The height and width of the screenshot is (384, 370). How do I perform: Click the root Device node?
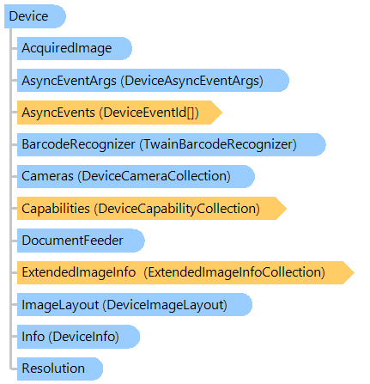(x=35, y=16)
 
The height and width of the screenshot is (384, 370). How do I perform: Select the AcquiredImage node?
(x=75, y=48)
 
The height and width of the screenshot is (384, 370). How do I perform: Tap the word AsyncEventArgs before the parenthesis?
(x=69, y=81)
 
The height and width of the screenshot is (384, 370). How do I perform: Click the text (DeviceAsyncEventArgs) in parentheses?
(x=191, y=81)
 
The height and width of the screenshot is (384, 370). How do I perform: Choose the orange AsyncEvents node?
(x=119, y=113)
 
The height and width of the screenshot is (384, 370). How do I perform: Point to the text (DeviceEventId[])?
(x=149, y=113)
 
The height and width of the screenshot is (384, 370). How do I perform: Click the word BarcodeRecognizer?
(x=78, y=144)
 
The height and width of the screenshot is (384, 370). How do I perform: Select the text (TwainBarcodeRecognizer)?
(x=218, y=144)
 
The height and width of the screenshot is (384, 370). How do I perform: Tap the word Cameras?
(x=47, y=176)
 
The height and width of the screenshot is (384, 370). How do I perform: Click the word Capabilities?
(x=56, y=209)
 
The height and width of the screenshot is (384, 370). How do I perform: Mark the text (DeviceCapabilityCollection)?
(x=177, y=209)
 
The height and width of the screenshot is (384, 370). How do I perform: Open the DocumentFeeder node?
(x=81, y=241)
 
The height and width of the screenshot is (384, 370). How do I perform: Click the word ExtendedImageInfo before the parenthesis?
(x=79, y=272)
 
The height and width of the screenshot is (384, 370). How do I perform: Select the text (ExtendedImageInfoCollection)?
(x=234, y=272)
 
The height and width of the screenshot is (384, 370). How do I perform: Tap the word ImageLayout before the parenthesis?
(x=60, y=305)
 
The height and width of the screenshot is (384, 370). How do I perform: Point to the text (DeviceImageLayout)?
(x=165, y=305)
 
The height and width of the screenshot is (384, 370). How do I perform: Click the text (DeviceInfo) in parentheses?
(x=83, y=337)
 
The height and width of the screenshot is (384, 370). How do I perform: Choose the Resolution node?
(x=60, y=369)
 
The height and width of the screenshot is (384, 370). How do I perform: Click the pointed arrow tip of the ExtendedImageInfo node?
(x=355, y=272)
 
